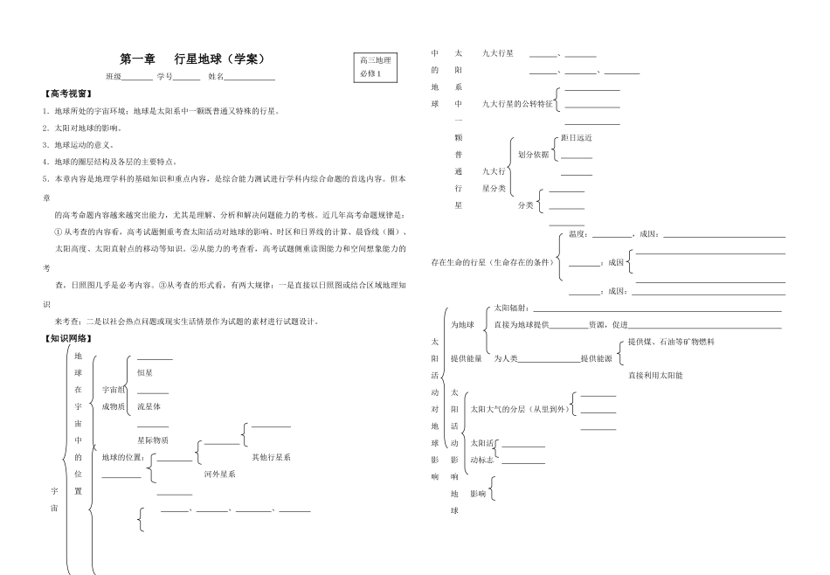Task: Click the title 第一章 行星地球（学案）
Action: pyautogui.click(x=190, y=59)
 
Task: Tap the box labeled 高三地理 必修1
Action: pyautogui.click(x=375, y=66)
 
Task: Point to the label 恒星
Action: pyautogui.click(x=146, y=372)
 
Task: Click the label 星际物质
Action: pyautogui.click(x=153, y=440)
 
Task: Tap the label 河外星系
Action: pyautogui.click(x=219, y=474)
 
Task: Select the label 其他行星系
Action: pyautogui.click(x=271, y=456)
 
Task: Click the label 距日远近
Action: pyautogui.click(x=576, y=137)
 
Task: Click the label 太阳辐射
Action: pyautogui.click(x=512, y=308)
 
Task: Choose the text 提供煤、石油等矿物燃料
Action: pyautogui.click(x=671, y=342)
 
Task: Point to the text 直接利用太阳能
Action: pyautogui.click(x=655, y=375)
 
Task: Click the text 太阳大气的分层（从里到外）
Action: pyautogui.click(x=519, y=408)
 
